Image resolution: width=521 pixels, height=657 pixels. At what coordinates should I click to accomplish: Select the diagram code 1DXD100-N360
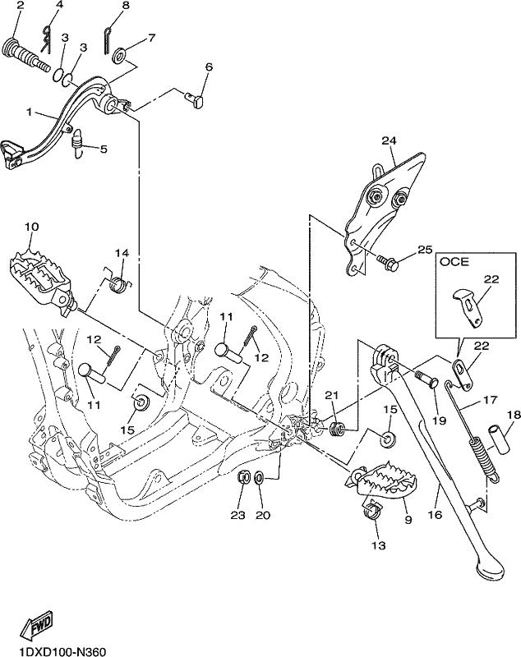point(57,650)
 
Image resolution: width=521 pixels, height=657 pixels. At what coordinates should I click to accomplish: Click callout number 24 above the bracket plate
point(389,140)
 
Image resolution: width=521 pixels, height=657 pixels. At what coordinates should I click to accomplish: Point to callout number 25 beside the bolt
point(425,250)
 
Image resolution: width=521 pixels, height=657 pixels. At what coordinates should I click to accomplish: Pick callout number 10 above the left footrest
point(32,227)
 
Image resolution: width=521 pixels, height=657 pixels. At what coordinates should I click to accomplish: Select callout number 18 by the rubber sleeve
point(513,415)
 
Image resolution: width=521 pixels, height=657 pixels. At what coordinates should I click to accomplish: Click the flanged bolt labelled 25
point(385,263)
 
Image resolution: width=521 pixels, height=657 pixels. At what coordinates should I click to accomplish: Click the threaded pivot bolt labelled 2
point(26,56)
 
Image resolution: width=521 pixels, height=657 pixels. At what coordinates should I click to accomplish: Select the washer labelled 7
point(121,57)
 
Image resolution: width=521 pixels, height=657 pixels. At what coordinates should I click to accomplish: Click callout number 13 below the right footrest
point(379,545)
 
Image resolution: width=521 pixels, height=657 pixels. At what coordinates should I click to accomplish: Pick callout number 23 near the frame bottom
point(237,515)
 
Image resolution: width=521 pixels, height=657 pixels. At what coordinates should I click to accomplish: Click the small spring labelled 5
point(77,144)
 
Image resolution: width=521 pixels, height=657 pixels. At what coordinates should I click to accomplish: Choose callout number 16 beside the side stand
point(436,514)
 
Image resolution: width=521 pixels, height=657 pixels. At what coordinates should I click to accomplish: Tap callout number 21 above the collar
point(331,394)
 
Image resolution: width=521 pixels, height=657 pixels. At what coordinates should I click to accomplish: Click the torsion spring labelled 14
point(118,281)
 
